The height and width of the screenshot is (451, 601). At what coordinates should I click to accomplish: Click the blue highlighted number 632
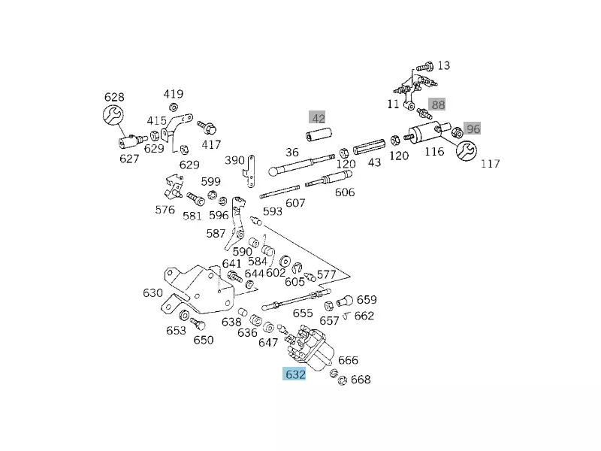[x=294, y=374]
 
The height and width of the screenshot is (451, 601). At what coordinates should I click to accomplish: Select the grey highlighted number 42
[x=319, y=118]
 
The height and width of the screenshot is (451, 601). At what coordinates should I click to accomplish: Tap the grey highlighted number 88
[x=437, y=104]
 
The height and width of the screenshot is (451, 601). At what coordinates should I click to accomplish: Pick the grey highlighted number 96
[x=473, y=129]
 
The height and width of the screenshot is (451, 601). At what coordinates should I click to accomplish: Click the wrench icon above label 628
[x=112, y=116]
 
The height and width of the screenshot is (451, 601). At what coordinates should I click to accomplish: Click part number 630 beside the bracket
[x=153, y=293]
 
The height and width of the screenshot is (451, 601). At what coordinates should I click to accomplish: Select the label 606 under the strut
[x=344, y=192]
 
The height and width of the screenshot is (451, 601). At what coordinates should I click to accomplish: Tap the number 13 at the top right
[x=443, y=66]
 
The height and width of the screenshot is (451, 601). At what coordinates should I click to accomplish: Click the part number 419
[x=174, y=94]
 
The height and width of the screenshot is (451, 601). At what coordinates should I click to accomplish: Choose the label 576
[x=165, y=210]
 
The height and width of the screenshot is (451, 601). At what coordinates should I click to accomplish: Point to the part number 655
[x=303, y=313]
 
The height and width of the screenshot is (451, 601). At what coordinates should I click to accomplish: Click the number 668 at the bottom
[x=361, y=380]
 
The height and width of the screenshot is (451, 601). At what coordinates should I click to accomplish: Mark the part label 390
[x=235, y=160]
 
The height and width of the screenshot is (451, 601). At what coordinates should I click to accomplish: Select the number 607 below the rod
[x=295, y=203]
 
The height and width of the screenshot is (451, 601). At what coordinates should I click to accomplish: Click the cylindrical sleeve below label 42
[x=319, y=137]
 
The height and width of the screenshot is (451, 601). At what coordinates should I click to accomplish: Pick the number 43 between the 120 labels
[x=374, y=162]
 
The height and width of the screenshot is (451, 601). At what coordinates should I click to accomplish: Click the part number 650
[x=204, y=340]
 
